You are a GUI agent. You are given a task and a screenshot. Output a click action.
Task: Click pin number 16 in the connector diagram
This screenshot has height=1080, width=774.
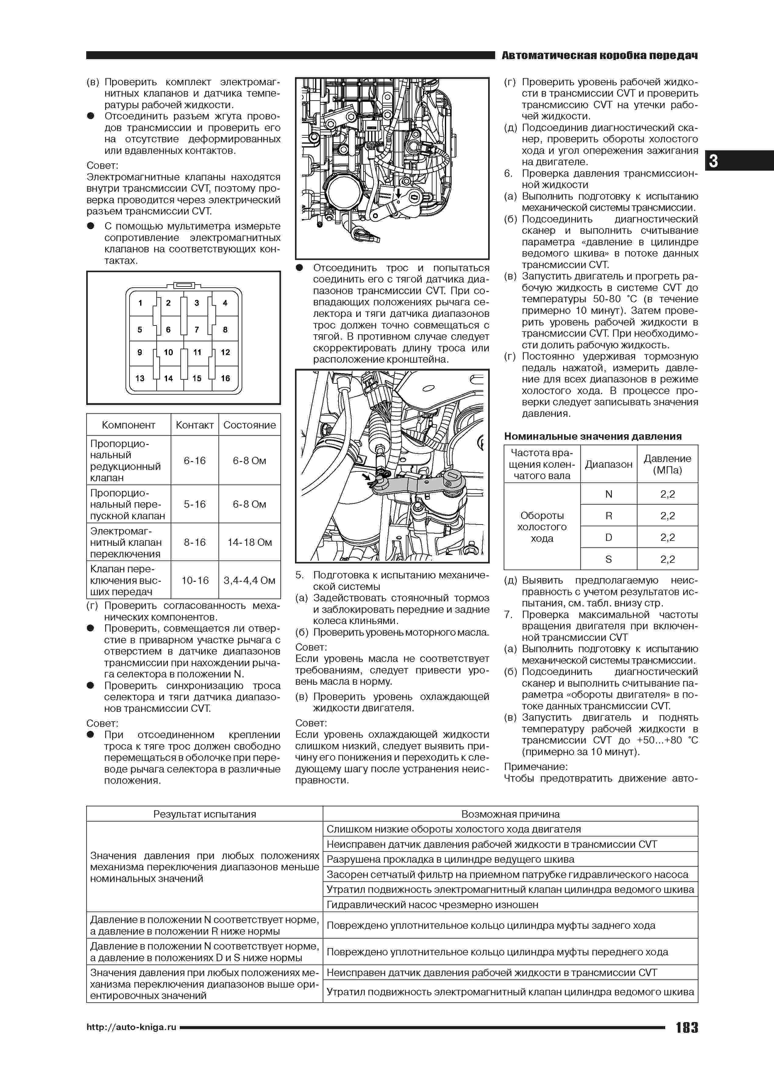pyautogui.click(x=225, y=378)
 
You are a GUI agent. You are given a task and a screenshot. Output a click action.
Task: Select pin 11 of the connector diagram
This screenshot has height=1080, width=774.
pyautogui.click(x=197, y=352)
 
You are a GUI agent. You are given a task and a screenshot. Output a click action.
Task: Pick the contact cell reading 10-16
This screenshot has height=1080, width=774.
pyautogui.click(x=195, y=581)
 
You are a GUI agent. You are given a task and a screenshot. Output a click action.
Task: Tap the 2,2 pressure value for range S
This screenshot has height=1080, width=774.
pyautogui.click(x=667, y=560)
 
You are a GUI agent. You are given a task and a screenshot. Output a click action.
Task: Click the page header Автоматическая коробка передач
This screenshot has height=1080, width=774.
pyautogui.click(x=599, y=56)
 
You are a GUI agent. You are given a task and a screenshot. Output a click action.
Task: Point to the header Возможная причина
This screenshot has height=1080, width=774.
pyautogui.click(x=510, y=814)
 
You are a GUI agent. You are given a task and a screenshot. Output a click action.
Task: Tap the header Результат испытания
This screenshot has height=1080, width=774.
pyautogui.click(x=204, y=814)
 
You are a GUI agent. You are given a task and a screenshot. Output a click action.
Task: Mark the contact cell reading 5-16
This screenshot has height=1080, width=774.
pyautogui.click(x=195, y=504)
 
